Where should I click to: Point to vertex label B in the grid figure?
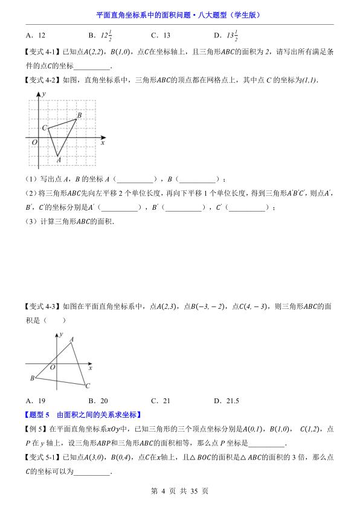coord(79,115)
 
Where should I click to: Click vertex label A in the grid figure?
coord(59,160)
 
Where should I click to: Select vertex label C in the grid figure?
coord(44,128)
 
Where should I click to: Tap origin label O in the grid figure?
coord(34,143)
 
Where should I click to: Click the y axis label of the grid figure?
coord(44,94)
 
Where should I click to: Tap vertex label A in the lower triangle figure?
coord(72,340)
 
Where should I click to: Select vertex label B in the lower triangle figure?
coord(32,378)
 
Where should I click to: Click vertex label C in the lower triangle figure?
coord(88,386)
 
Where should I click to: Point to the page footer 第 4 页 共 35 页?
coord(179,491)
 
